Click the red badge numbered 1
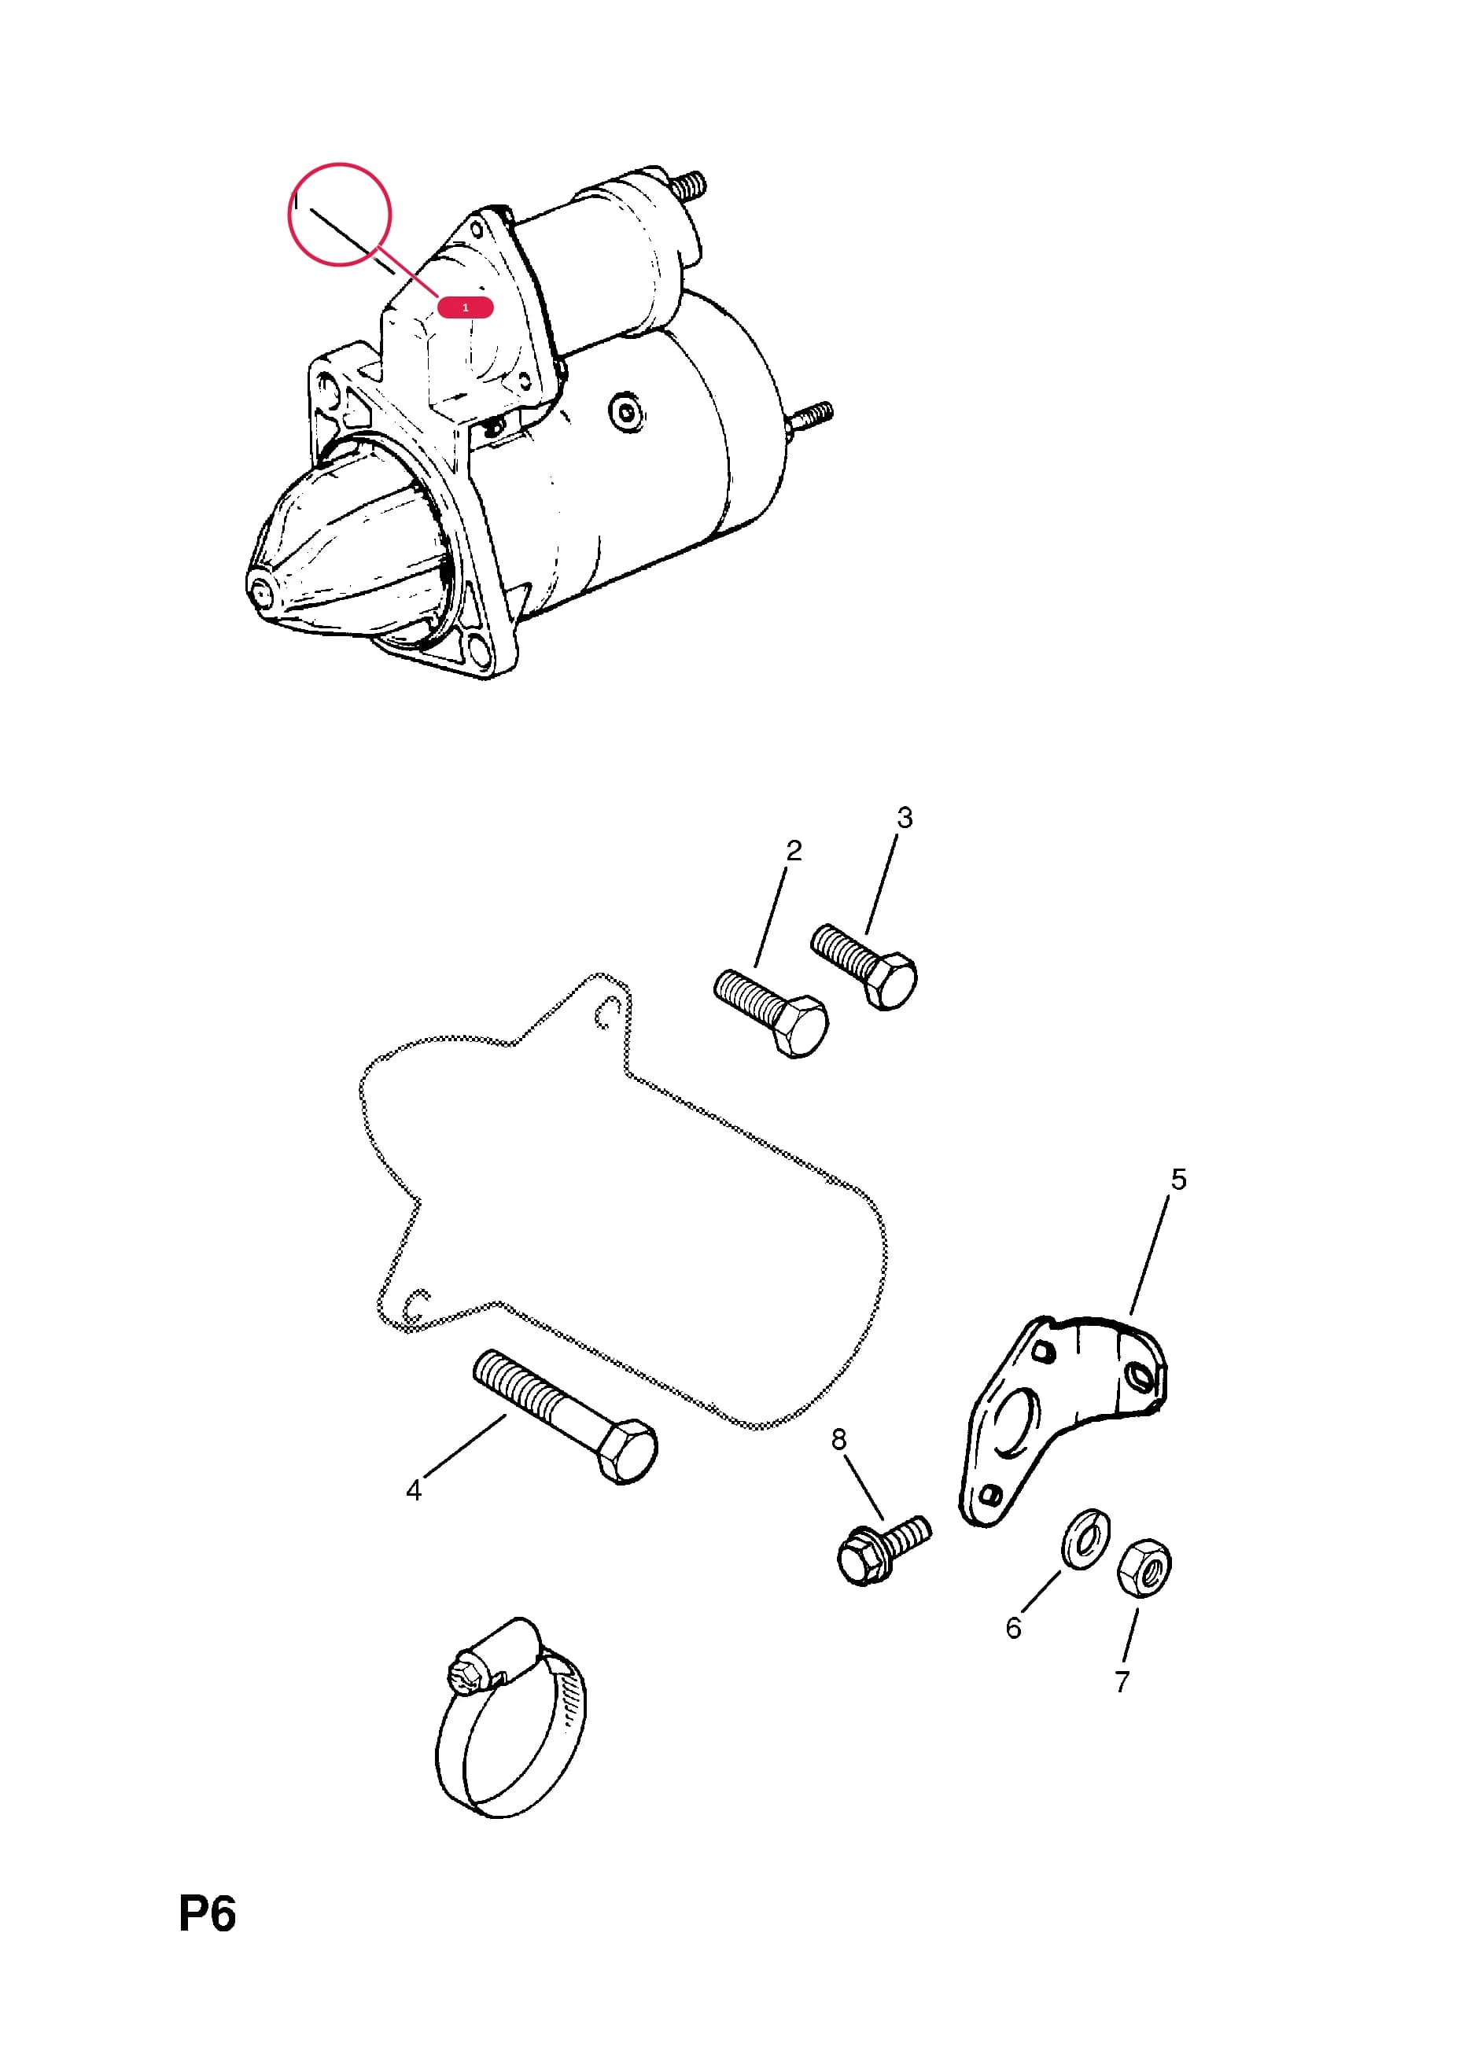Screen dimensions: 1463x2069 [465, 307]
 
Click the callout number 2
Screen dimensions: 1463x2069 [794, 851]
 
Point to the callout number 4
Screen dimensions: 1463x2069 [414, 1490]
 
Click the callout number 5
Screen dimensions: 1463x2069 [1179, 1180]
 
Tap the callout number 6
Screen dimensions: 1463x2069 [1013, 1628]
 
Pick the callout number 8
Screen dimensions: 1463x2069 [839, 1439]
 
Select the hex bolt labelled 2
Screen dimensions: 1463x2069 [771, 1012]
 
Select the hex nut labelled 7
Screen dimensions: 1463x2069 [1144, 1568]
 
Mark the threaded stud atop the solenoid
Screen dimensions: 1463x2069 [689, 186]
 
